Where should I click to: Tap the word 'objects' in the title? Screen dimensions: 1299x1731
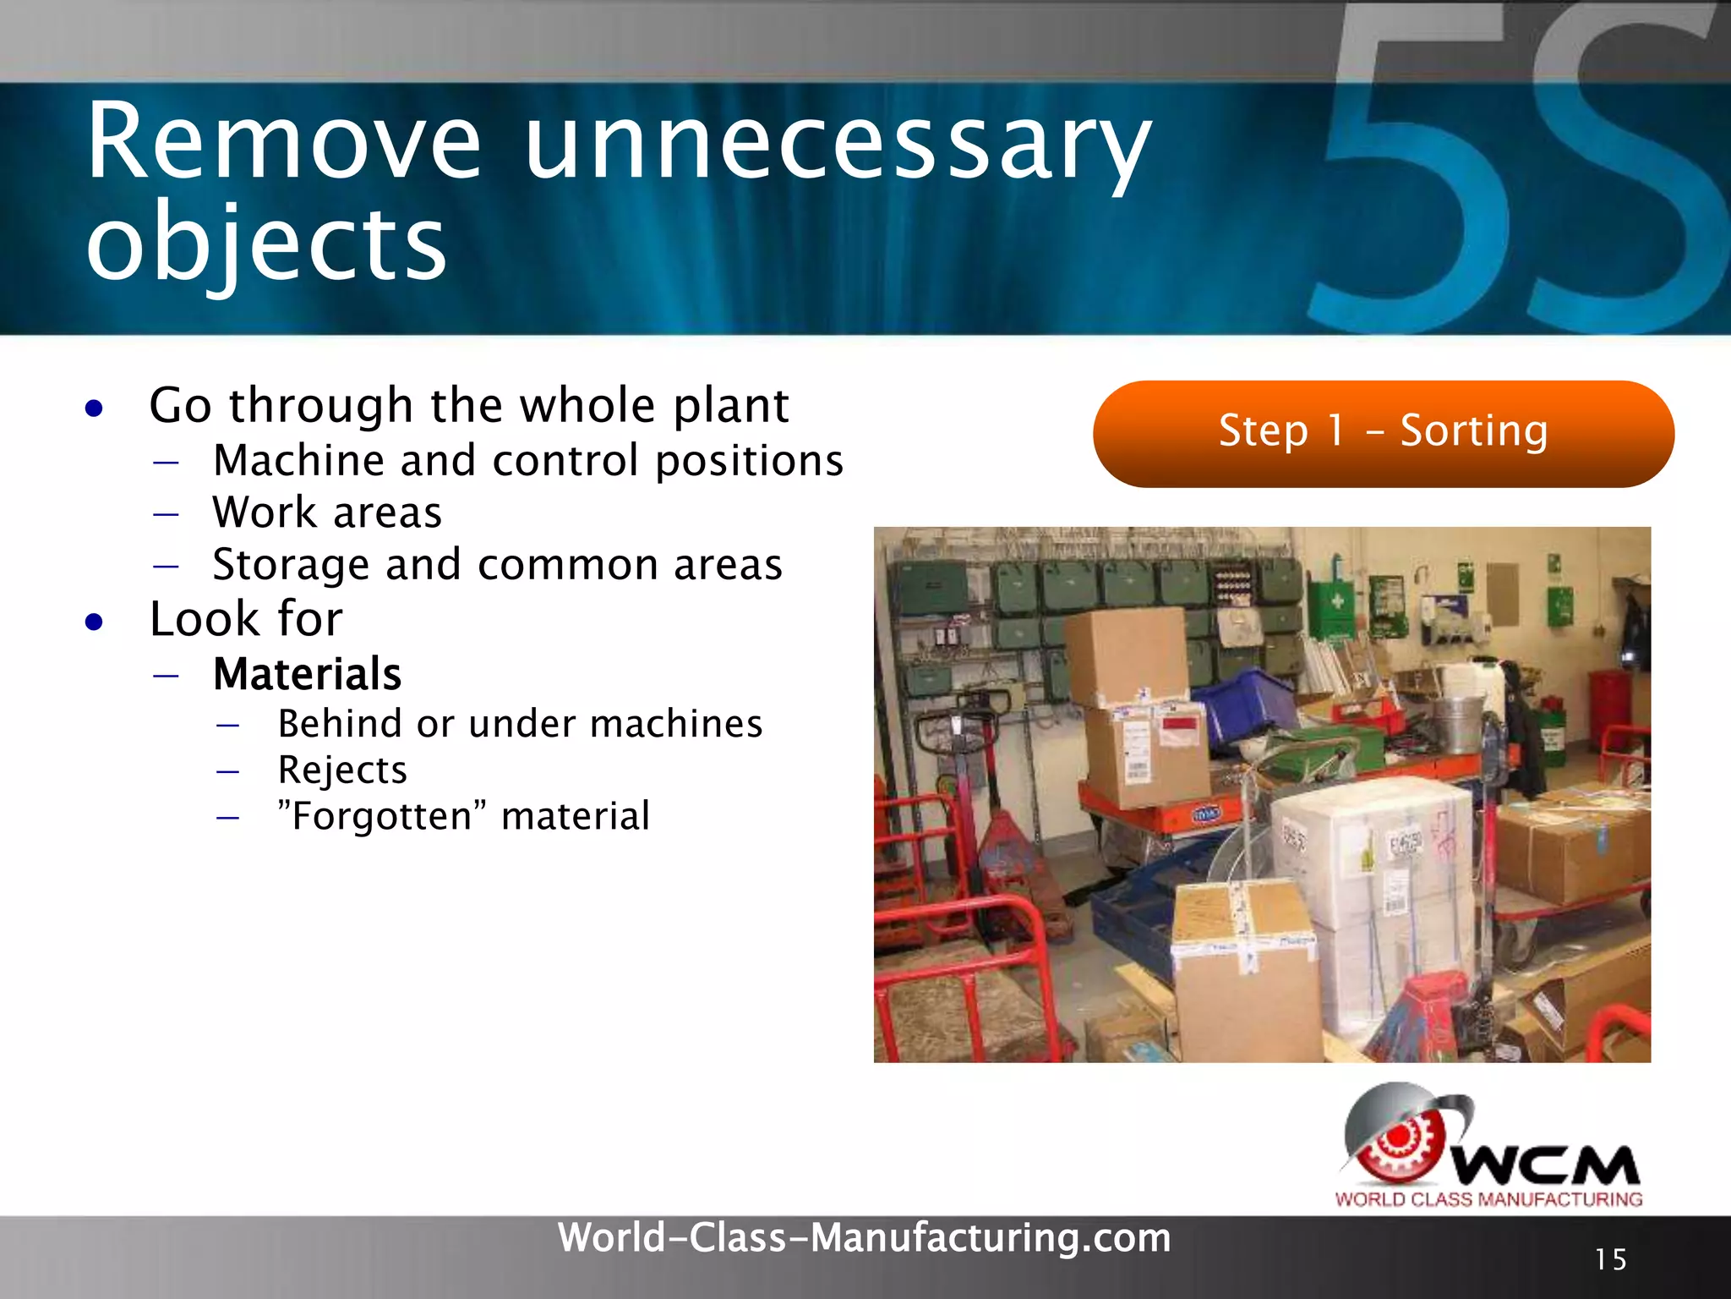pos(266,245)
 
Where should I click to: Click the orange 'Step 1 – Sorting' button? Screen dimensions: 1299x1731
pos(1383,433)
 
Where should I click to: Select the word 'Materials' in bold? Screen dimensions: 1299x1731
pos(307,675)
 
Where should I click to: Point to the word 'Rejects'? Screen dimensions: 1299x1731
pos(342,770)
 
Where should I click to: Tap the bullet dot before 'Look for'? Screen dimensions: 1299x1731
pos(95,622)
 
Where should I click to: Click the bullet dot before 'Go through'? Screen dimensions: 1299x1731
pos(95,409)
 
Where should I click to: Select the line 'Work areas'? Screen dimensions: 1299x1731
pos(327,513)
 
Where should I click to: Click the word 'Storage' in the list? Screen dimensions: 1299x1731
pos(291,565)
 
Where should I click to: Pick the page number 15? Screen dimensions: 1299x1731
pos(1610,1259)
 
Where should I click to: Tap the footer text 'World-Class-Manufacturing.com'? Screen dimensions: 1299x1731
pos(864,1238)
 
